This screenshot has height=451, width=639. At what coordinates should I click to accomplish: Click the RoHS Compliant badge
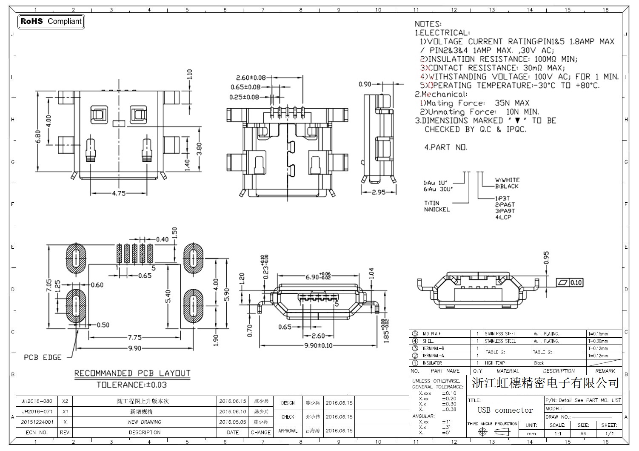click(x=51, y=21)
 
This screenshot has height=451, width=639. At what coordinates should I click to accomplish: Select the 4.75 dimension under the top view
click(x=119, y=193)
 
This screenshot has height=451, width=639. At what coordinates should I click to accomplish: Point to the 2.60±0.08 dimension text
click(x=251, y=78)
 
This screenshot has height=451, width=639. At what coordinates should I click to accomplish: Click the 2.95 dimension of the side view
click(x=378, y=192)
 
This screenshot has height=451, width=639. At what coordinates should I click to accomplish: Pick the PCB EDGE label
click(x=43, y=357)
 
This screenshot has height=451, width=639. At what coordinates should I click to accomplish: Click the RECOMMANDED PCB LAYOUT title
click(x=132, y=373)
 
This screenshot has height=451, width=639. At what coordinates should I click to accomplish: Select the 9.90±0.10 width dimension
click(x=319, y=345)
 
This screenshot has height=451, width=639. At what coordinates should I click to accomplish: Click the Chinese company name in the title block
click(x=545, y=383)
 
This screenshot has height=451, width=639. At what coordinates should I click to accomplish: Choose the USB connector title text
click(x=505, y=410)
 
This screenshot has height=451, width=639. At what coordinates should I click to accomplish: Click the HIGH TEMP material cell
click(x=495, y=363)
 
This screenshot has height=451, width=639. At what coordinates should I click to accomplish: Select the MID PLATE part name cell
click(x=431, y=334)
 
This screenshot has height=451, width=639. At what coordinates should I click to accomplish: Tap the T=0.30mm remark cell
click(x=598, y=341)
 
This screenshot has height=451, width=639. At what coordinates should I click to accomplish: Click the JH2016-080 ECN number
click(x=37, y=401)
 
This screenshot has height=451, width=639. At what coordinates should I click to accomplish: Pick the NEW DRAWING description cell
click(x=145, y=422)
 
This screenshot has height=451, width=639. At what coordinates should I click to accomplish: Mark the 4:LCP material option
click(x=503, y=217)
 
